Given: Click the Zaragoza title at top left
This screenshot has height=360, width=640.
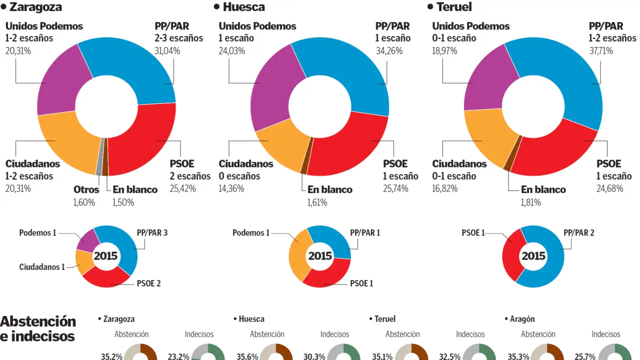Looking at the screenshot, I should click(35, 7).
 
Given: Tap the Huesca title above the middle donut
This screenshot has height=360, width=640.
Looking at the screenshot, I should click(243, 7).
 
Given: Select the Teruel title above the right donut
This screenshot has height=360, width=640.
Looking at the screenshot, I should click(453, 7).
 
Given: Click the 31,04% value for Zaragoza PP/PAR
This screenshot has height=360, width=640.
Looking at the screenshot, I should click(167, 50).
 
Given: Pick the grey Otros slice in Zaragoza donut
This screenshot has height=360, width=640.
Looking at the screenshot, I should click(99, 156).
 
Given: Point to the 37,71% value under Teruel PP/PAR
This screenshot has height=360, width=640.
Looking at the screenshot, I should click(601, 50).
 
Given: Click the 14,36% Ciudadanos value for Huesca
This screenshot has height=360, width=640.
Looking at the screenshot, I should click(231, 188).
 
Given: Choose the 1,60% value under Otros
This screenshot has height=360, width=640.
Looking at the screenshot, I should click(84, 202).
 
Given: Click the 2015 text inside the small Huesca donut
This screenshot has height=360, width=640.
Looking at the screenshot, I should click(320, 256).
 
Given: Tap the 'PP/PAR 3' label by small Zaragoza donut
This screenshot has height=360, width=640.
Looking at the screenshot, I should click(152, 233).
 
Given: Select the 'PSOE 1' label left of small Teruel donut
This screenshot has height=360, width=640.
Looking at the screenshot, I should click(473, 233).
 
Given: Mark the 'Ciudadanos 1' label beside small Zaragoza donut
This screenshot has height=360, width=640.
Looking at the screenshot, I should click(42, 267).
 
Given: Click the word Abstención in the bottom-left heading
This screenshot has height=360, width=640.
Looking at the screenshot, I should click(38, 321).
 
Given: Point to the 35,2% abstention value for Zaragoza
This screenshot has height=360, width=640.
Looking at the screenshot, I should click(111, 356).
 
